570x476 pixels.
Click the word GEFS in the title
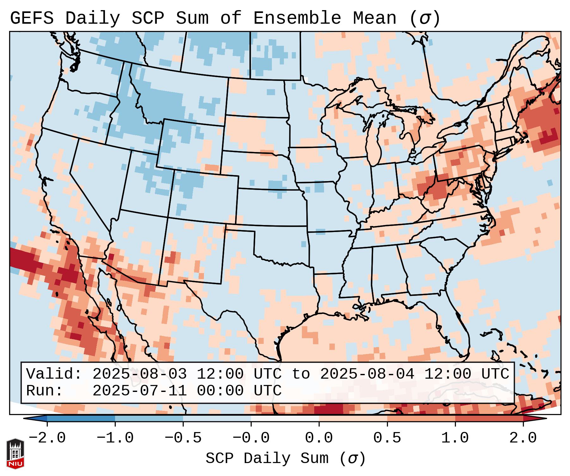32,18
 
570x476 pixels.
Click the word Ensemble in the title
297,18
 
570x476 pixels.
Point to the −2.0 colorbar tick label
47,438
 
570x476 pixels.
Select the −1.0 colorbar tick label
115,438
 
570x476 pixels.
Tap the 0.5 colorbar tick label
387,438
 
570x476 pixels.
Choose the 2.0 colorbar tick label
523,438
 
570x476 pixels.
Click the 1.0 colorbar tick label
455,438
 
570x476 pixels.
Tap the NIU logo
15,453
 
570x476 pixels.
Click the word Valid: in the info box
54,374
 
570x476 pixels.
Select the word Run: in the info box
45,391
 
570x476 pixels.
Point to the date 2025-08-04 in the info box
367,374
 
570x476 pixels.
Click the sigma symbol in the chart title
425,18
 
